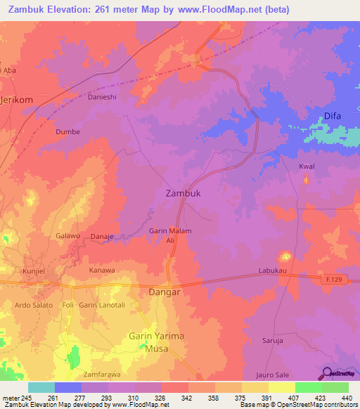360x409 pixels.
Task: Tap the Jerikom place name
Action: (18, 100)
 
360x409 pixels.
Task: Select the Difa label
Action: (333, 116)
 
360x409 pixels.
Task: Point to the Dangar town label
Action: (165, 291)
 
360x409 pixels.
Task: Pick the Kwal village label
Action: (307, 167)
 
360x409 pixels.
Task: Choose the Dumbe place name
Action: (67, 131)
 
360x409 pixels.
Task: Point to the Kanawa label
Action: (101, 270)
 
